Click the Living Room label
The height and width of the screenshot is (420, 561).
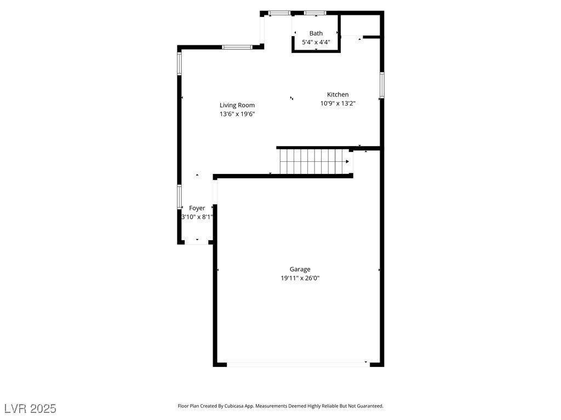pos(237,105)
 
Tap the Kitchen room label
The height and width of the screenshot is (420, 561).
pos(337,95)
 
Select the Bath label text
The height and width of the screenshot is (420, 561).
pos(316,33)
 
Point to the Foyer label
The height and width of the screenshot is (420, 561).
pos(197,208)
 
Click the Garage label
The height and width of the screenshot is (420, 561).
pos(300,269)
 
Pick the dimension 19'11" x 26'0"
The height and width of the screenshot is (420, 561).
pos(300,278)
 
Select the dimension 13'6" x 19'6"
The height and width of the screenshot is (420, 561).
pos(237,114)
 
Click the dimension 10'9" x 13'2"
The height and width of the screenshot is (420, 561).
pos(337,103)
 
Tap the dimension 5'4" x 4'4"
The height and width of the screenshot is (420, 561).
pos(316,42)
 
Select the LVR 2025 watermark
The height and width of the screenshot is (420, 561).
pos(30,408)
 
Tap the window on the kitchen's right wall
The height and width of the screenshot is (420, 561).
pos(382,85)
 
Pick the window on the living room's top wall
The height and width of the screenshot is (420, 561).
pos(237,47)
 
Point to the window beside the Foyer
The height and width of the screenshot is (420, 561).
pos(179,196)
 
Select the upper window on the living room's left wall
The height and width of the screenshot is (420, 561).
pos(179,63)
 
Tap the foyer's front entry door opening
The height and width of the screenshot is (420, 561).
pos(197,242)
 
